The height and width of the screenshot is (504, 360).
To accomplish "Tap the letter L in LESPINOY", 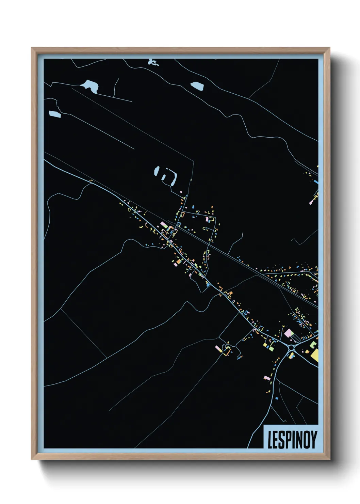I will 270,440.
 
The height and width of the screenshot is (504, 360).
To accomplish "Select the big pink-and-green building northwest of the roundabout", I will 289,333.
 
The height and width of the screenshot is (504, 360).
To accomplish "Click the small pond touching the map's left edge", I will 54,114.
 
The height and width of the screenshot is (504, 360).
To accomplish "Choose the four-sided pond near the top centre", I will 197,86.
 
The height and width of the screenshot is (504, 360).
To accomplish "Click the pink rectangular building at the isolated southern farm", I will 218,349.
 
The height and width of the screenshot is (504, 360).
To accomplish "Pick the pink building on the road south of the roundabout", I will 267,377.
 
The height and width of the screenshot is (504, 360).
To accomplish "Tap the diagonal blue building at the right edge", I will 316,182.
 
